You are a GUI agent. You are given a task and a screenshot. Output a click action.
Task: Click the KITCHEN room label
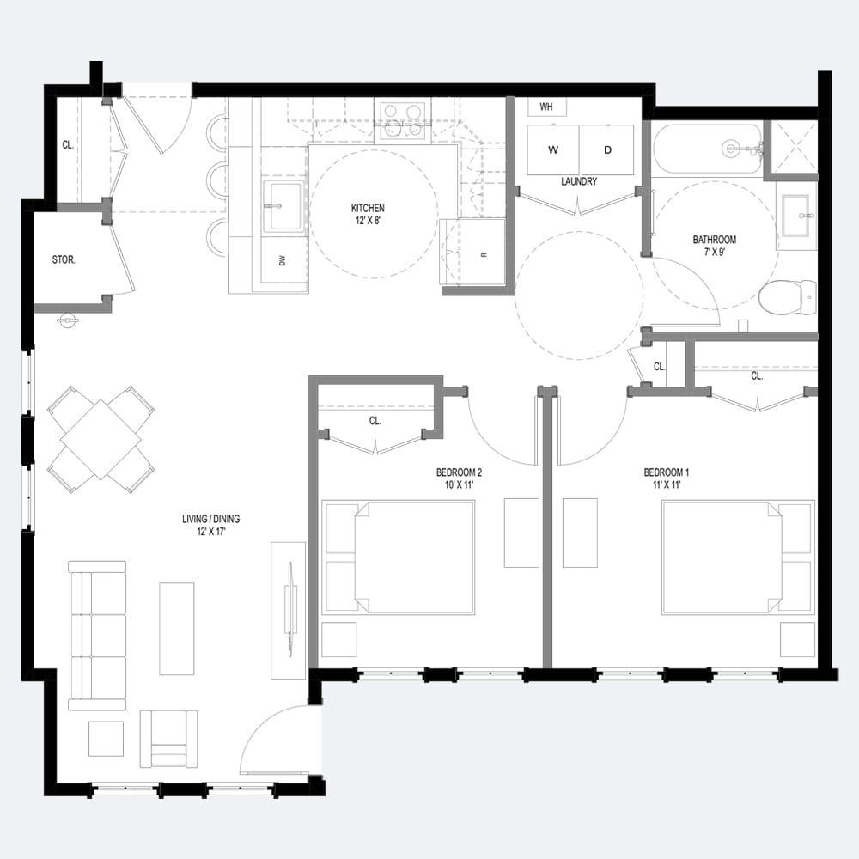coord(368,208)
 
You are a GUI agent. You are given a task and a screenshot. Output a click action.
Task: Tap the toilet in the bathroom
coord(787,297)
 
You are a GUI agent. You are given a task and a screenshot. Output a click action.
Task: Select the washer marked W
coord(552,149)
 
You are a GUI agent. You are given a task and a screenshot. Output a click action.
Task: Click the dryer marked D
coord(607,149)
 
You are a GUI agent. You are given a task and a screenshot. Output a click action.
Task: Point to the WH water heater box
coord(546,107)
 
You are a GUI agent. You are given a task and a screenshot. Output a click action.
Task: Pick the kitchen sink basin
coord(283,206)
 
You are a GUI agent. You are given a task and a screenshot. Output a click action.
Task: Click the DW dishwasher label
coord(283,261)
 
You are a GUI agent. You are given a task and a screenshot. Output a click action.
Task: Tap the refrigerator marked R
coord(472,252)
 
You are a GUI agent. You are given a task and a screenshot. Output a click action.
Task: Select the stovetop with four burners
coord(403,120)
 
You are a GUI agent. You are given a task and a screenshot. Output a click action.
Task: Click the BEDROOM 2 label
coord(459,472)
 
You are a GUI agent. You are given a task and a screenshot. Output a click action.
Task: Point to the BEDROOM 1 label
coord(667,472)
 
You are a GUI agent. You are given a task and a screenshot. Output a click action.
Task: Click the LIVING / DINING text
coord(211,519)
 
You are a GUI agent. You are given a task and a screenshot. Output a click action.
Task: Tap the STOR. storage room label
coord(64,259)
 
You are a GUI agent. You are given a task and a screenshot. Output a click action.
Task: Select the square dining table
coord(101,439)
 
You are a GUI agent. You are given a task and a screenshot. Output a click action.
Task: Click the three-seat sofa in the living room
coord(97,636)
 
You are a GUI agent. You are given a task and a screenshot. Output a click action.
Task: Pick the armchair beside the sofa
coord(168,739)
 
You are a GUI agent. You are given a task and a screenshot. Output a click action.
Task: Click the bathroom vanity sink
coord(797,216)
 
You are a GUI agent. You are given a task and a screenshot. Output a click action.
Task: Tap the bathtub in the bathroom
coord(706,149)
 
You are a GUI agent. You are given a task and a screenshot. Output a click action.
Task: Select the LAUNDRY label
coord(579,181)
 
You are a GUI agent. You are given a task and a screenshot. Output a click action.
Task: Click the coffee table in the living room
coord(176,629)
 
